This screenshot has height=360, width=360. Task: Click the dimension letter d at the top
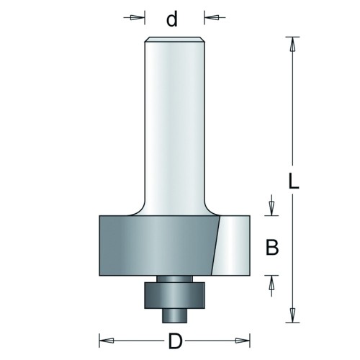click(x=172, y=19)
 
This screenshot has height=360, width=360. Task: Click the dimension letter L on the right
click(x=293, y=180)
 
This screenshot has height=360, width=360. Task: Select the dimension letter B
click(x=272, y=247)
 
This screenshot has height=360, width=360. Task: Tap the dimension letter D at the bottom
click(x=176, y=341)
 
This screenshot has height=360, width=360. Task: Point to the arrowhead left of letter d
click(x=135, y=17)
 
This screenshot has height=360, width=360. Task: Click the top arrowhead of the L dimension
click(x=292, y=45)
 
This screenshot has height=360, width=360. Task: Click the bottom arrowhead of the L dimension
click(x=292, y=314)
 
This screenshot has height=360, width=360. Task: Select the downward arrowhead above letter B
click(x=271, y=207)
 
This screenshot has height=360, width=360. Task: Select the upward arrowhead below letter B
click(x=271, y=284)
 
